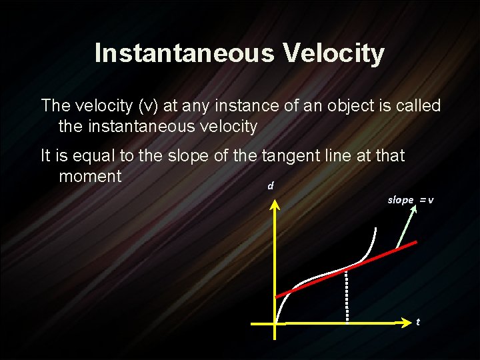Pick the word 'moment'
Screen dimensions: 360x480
point(90,177)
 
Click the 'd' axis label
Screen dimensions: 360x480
point(270,186)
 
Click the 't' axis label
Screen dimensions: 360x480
point(418,322)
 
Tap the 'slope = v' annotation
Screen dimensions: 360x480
point(411,200)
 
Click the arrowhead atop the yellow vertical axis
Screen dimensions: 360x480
point(275,201)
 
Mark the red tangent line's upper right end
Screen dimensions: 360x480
point(417,243)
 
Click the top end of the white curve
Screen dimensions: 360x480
point(375,229)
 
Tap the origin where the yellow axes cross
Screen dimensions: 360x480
point(275,323)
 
